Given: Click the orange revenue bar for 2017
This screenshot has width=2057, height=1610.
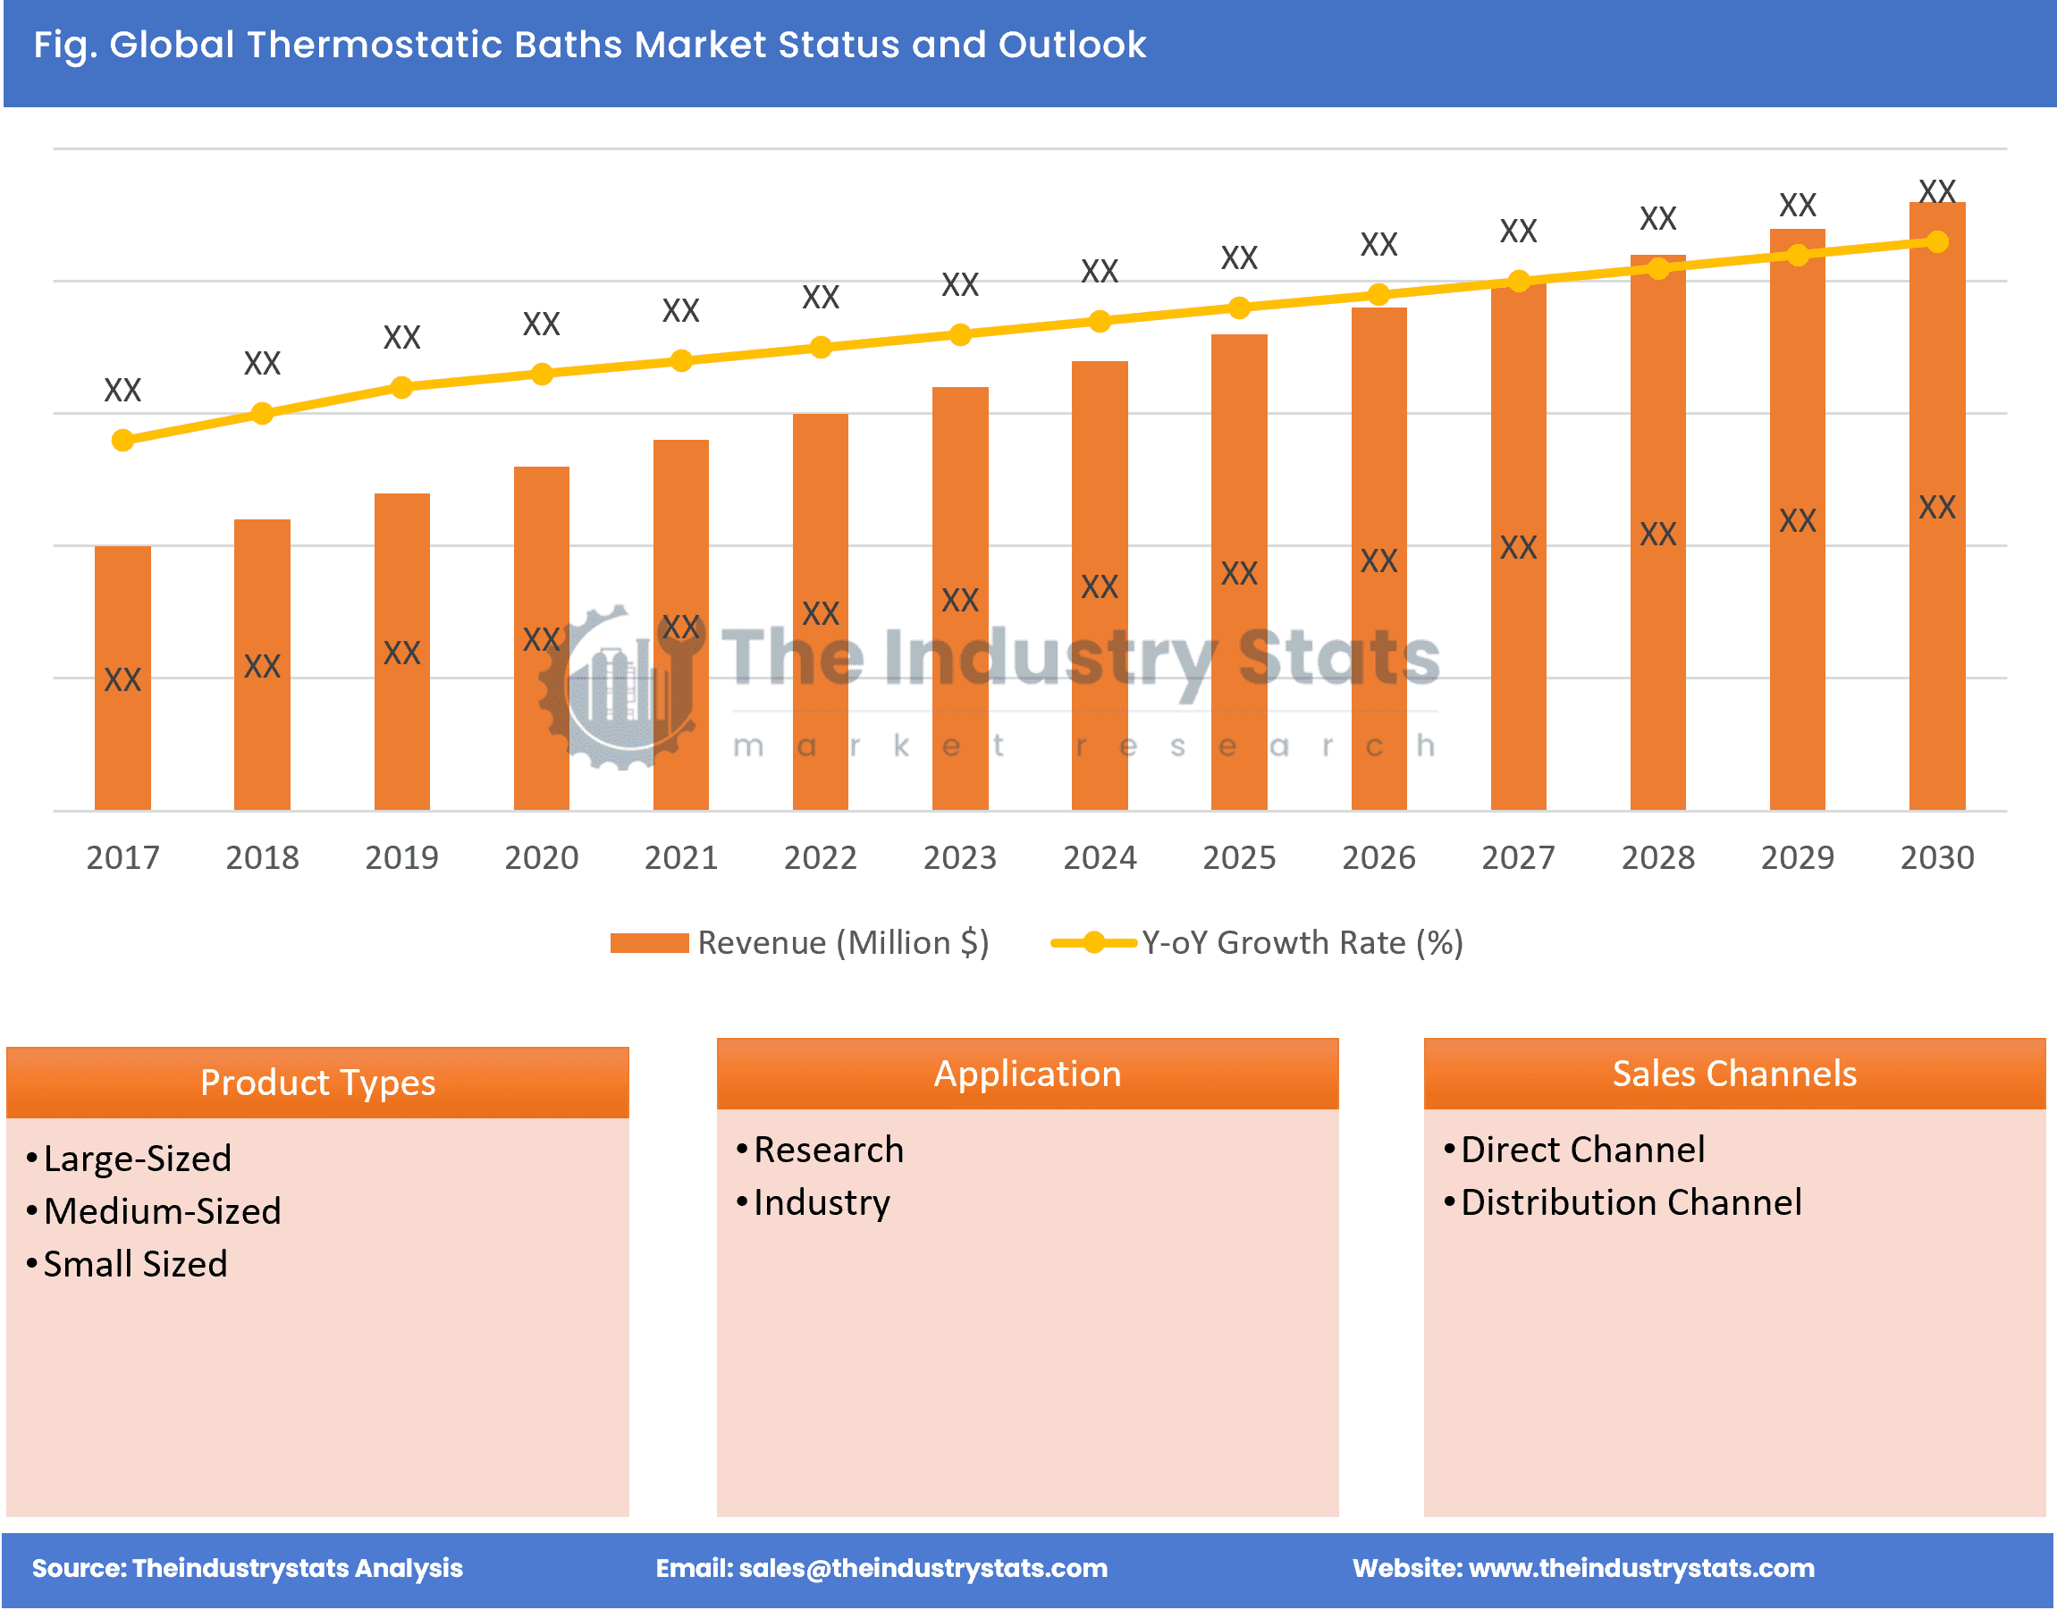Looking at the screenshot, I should click(122, 679).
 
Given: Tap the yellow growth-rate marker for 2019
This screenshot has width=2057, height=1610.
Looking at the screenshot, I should click(401, 387).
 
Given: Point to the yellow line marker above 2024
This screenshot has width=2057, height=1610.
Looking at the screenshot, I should click(1100, 322).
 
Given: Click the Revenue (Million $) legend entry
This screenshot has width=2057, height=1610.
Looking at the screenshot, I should click(801, 942).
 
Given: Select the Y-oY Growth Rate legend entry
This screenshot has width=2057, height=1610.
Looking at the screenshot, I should click(1259, 942).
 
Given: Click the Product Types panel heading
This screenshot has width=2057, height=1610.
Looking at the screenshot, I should click(317, 1083).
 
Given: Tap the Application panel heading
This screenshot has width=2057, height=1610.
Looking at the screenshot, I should click(1027, 1074).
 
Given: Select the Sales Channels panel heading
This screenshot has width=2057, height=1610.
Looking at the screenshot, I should click(1734, 1074).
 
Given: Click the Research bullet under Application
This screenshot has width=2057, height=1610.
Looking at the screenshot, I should click(829, 1150).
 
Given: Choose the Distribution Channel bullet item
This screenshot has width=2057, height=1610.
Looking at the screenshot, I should click(1631, 1202).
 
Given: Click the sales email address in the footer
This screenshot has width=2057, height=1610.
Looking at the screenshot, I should click(922, 1568).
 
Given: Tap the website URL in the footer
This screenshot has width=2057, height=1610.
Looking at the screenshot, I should click(1641, 1568).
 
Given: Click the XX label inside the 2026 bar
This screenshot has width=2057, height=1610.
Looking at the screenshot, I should click(1378, 561).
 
